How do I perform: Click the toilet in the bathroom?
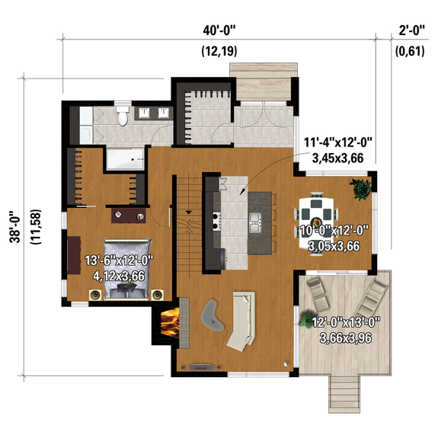[x=122, y=117]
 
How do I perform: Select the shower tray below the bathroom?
[x=124, y=159]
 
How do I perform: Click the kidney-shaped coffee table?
[x=214, y=315]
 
